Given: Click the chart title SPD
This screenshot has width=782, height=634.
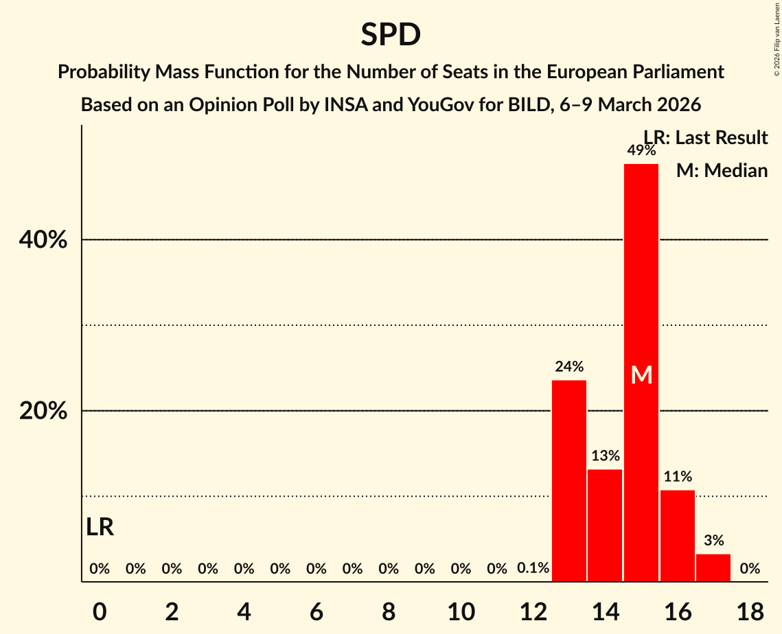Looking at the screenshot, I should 391,34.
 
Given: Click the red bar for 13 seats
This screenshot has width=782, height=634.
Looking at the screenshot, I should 569,480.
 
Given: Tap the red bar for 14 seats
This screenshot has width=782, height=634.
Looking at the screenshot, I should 605,525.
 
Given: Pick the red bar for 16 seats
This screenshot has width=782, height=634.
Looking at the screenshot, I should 678,535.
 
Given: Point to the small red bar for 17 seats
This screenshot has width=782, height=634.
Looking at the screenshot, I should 713,567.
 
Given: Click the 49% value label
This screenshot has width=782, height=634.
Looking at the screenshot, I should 641,151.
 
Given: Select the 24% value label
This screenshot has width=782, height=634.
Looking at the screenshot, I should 569,366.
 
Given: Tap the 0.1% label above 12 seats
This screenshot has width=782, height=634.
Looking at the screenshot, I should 533,568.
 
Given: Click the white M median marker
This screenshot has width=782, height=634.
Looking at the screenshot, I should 641,375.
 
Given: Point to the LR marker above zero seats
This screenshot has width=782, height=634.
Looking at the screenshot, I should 100,527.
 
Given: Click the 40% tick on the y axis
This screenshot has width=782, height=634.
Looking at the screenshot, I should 43,240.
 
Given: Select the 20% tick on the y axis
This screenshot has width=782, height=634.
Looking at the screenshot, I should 43,411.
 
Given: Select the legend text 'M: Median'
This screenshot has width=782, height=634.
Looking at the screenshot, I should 722,170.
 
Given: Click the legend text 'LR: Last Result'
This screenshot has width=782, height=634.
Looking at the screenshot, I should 706,138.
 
